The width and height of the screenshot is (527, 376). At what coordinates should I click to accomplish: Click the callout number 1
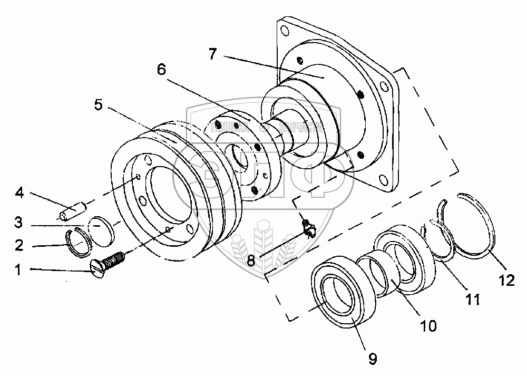[x=18, y=270]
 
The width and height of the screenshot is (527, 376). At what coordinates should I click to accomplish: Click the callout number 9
[x=372, y=359]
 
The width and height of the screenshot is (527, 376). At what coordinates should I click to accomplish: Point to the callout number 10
[x=428, y=325]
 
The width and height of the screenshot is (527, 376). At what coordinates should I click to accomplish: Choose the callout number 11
[x=473, y=300]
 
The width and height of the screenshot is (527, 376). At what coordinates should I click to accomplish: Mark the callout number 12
[x=507, y=281]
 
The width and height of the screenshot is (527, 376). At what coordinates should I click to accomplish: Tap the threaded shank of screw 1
[x=114, y=260]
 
